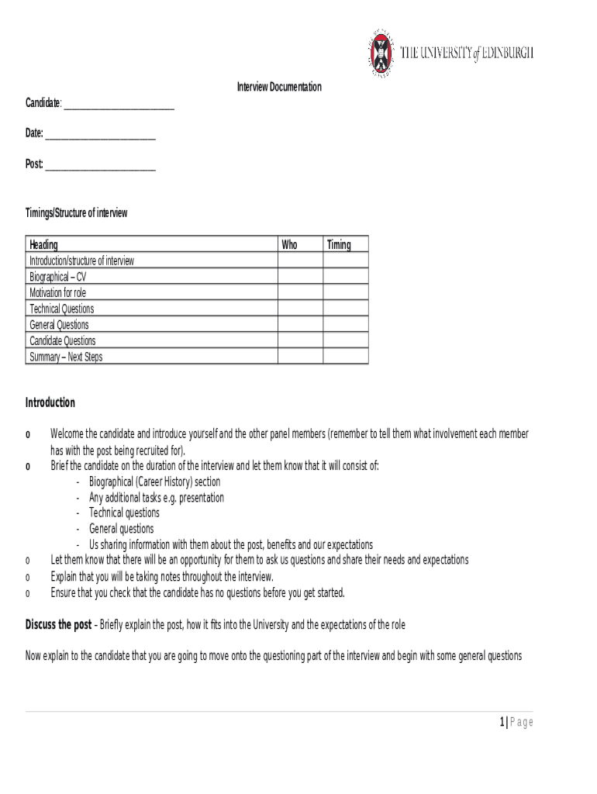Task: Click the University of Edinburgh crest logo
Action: coord(380,53)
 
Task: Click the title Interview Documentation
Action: coord(278,87)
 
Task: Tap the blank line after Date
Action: coord(100,136)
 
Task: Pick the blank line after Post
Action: coord(100,167)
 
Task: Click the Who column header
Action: coord(289,245)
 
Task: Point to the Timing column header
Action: coord(339,245)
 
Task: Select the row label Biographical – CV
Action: coord(58,277)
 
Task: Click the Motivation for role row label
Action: coord(57,293)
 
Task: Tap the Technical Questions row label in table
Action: coord(61,309)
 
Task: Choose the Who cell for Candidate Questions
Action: coord(300,340)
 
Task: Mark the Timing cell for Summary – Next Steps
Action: coord(346,357)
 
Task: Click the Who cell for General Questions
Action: coord(300,324)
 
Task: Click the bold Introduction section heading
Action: coord(50,402)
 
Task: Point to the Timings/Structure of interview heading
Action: coord(76,212)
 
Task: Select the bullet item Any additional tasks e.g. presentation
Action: coord(157,497)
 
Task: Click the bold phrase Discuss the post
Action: coord(59,625)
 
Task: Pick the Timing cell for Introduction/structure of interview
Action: coord(346,261)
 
